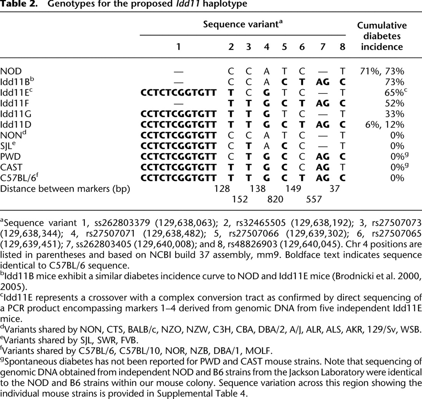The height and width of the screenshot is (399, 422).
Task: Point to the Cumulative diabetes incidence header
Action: tap(382, 36)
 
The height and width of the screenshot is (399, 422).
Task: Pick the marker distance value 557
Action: tap(314, 199)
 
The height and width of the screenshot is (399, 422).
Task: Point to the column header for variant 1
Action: tap(178, 47)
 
